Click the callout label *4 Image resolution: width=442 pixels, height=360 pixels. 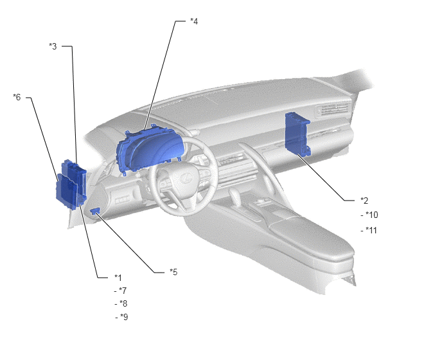pyautogui.click(x=194, y=21)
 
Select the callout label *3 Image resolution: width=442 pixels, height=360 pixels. pyautogui.click(x=53, y=46)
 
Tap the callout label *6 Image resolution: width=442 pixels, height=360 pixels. pyautogui.click(x=17, y=97)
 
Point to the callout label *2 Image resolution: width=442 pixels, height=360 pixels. pyautogui.click(x=364, y=201)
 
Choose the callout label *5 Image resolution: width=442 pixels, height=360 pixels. pyautogui.click(x=173, y=272)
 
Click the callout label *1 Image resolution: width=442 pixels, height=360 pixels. pyautogui.click(x=118, y=278)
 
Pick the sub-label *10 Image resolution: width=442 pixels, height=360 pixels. pyautogui.click(x=369, y=215)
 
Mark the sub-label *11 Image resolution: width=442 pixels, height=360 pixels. pyautogui.click(x=369, y=230)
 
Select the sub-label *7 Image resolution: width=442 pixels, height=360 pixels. pyautogui.click(x=120, y=291)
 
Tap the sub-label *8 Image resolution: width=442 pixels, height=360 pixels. pyautogui.click(x=121, y=303)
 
